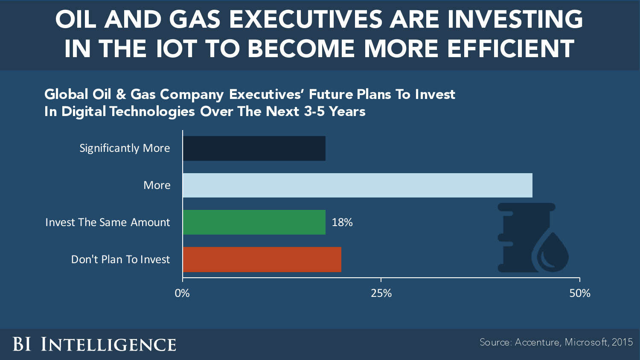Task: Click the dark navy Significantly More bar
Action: [254, 148]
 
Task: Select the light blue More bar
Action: [358, 185]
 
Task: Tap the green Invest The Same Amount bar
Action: [254, 222]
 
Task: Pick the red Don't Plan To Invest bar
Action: [262, 259]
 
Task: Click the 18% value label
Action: [342, 222]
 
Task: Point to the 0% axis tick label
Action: [182, 293]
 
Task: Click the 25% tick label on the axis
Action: [381, 293]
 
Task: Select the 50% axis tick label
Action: [580, 293]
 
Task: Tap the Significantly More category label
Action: [125, 148]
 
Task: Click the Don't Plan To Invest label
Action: [120, 259]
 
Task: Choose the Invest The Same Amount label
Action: [108, 222]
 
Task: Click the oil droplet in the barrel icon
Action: [552, 254]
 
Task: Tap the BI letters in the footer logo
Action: [22, 344]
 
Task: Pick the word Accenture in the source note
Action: [537, 342]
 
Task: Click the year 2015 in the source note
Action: [622, 342]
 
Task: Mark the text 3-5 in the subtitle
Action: [314, 112]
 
